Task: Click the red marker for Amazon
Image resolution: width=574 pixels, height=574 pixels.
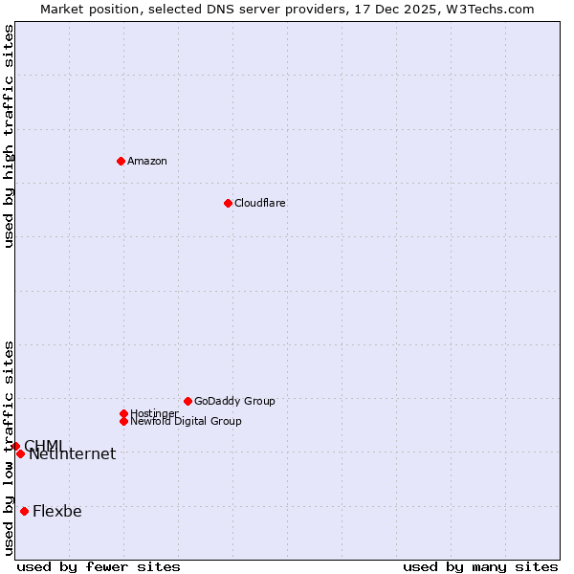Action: coord(121,161)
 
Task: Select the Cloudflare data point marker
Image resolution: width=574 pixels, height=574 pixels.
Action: coord(228,203)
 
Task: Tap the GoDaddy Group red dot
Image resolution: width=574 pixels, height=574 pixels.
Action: coord(188,401)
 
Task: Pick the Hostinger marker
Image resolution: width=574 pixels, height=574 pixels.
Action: coord(123,413)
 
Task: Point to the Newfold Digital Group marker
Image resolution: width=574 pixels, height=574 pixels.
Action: coord(123,421)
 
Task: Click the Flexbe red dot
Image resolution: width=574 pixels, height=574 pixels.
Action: coord(24,511)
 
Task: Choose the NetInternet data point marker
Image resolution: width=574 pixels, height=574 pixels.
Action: coord(20,453)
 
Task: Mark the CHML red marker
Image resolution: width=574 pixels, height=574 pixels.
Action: coord(15,446)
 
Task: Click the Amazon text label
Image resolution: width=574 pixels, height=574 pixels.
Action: coord(147,161)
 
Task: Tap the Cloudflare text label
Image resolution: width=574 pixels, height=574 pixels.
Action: coord(259,203)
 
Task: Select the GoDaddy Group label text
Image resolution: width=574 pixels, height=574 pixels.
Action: coord(234,401)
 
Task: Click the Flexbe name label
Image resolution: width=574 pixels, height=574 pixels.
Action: coord(57,511)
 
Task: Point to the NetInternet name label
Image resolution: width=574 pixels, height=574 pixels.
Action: coord(73,454)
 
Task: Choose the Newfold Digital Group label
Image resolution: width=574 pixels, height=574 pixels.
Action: coord(187,421)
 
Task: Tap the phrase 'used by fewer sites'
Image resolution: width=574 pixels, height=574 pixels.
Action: coord(99,566)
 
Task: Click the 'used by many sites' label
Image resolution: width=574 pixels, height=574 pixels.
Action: coord(480,566)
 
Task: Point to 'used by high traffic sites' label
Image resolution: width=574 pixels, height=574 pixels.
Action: coord(9,136)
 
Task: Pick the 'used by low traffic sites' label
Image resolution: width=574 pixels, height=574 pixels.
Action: coord(9,447)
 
